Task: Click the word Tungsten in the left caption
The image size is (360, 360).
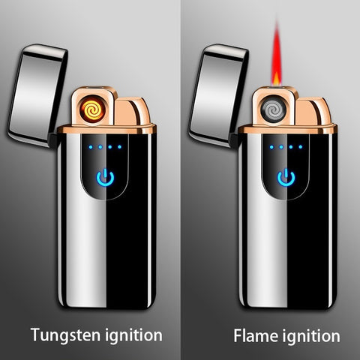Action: tap(65, 334)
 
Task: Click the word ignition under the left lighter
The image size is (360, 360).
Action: tap(133, 335)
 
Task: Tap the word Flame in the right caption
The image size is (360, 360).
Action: tap(256, 335)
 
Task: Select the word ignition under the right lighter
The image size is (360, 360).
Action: tap(311, 336)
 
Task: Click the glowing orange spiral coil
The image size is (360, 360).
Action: tap(93, 109)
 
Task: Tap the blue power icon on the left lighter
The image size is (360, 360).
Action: tap(105, 178)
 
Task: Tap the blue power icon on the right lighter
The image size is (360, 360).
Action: tap(286, 178)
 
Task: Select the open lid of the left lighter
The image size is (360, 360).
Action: tap(37, 94)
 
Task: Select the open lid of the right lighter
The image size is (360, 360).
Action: tap(218, 94)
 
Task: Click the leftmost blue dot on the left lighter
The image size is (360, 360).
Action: tap(91, 147)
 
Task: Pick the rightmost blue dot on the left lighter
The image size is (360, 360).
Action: tap(119, 147)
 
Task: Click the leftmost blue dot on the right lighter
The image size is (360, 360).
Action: tap(271, 147)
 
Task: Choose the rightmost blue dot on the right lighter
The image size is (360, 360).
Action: tap(301, 147)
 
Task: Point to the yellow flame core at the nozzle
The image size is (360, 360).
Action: tap(276, 79)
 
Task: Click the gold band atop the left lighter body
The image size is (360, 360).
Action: tap(107, 129)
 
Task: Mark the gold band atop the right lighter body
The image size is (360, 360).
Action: tap(287, 129)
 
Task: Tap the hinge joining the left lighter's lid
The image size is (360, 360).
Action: tap(53, 140)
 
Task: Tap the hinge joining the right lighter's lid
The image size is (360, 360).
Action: tap(235, 140)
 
